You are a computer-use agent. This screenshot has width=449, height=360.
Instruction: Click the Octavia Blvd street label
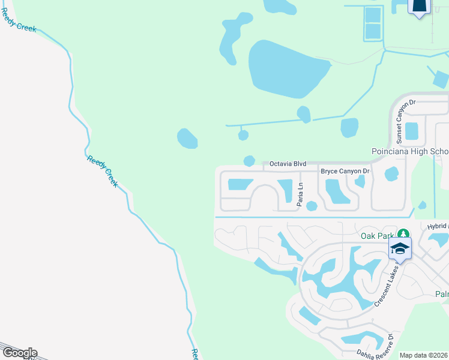coord(288,163)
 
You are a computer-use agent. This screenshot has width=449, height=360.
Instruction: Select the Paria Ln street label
coord(300,195)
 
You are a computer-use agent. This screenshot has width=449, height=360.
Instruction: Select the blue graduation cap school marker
coord(400,248)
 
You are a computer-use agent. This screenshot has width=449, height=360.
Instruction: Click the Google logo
coord(19,353)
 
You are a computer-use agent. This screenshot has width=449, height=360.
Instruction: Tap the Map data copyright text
coord(424,355)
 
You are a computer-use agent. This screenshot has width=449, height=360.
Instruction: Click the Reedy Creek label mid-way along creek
coord(103,171)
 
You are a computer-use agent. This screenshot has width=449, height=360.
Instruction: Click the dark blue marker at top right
coord(420,6)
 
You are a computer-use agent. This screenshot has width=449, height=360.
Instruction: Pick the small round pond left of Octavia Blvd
coord(249,161)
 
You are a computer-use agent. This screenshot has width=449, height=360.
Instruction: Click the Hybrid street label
coord(437,226)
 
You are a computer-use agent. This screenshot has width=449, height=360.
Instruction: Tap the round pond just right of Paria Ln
coord(312,206)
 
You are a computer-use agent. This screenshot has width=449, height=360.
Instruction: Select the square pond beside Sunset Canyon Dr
coord(412,130)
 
